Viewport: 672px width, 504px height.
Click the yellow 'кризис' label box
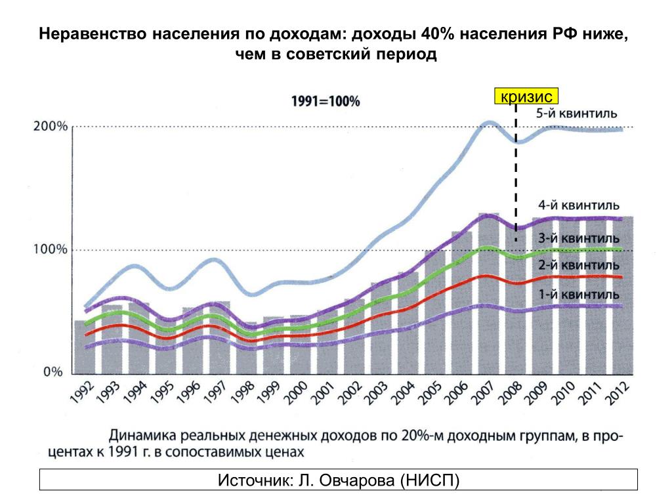pos(527,96)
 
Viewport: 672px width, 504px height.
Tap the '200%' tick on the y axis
pos(51,127)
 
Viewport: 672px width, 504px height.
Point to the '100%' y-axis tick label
pos(51,250)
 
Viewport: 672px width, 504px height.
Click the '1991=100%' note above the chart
pos(325,102)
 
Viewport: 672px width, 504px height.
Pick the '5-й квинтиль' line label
pos(576,114)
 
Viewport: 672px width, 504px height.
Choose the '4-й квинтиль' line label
pos(579,205)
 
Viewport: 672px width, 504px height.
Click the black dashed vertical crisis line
pos(516,171)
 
